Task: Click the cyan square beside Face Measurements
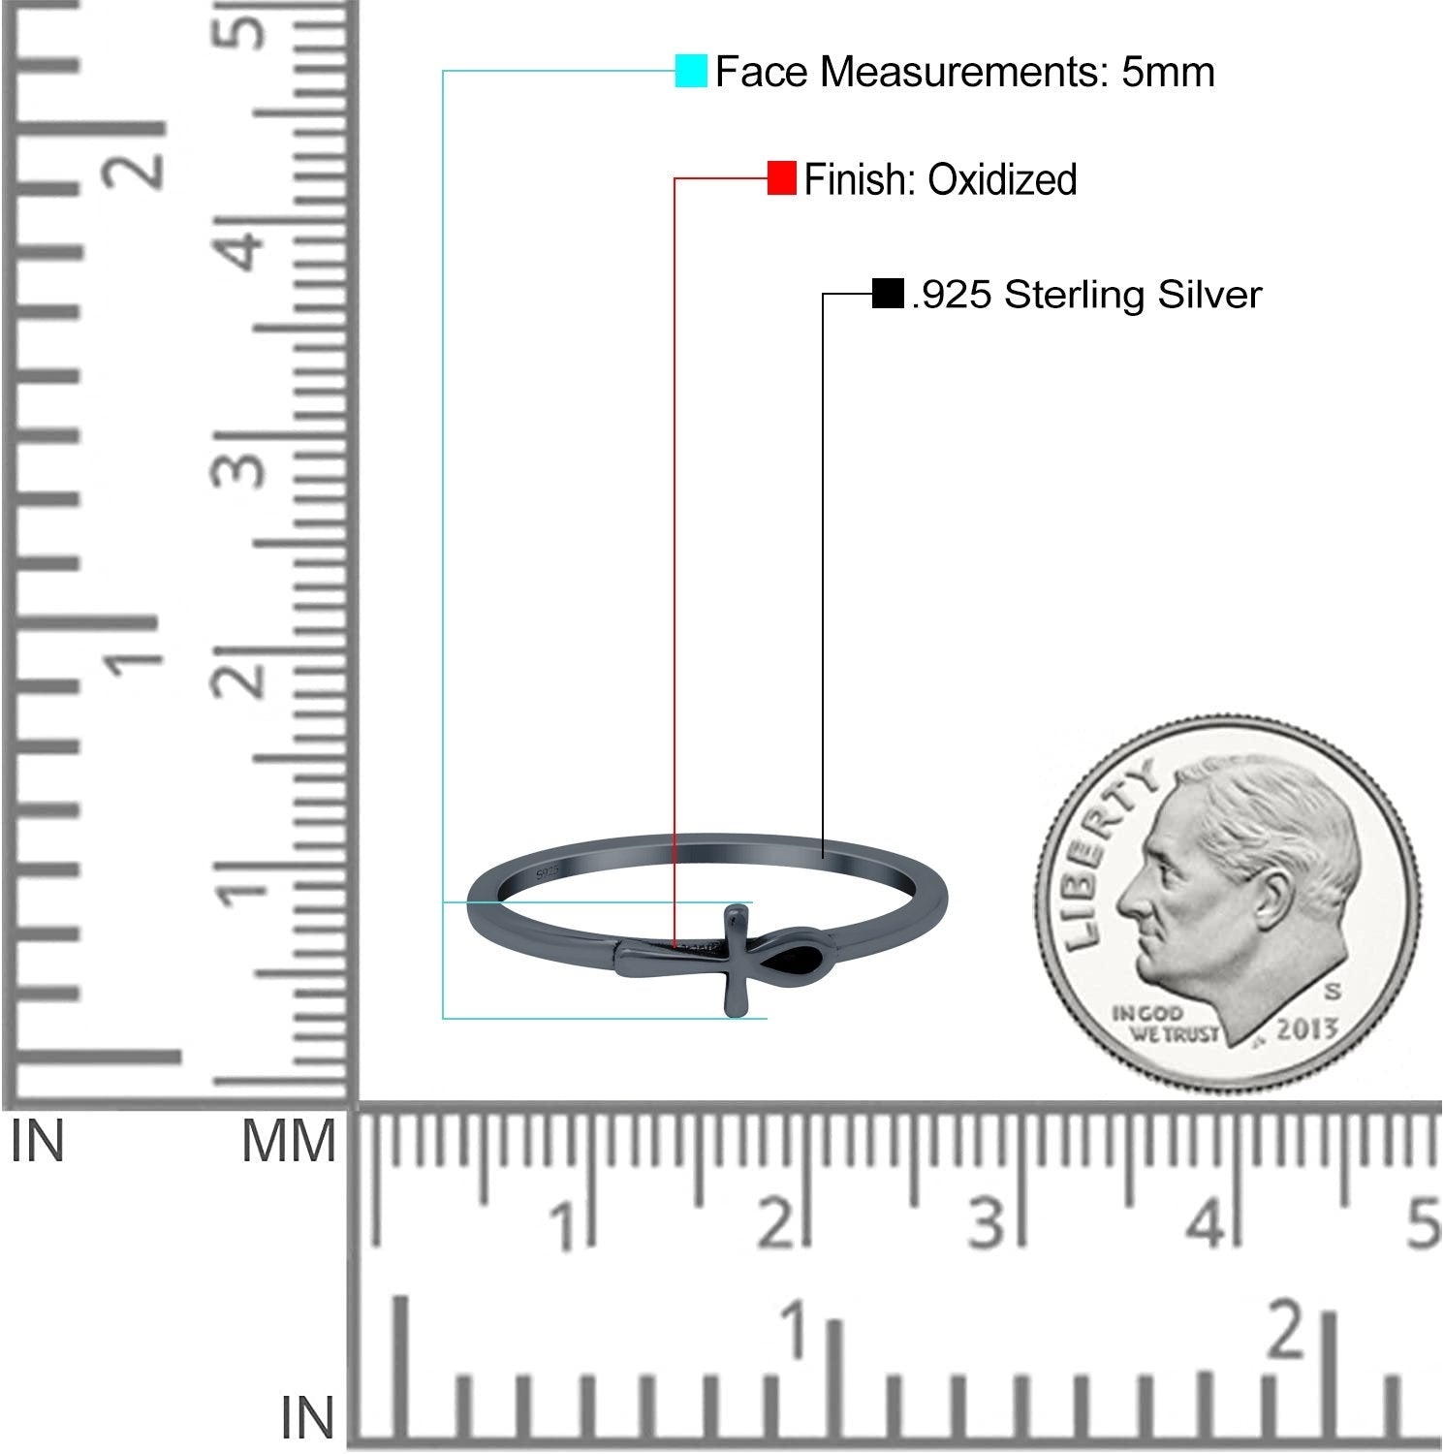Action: pos(691,72)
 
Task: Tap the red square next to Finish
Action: pos(781,178)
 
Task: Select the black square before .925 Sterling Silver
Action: pos(888,294)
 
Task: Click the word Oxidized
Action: pos(1002,180)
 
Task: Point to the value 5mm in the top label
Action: pos(1168,73)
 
